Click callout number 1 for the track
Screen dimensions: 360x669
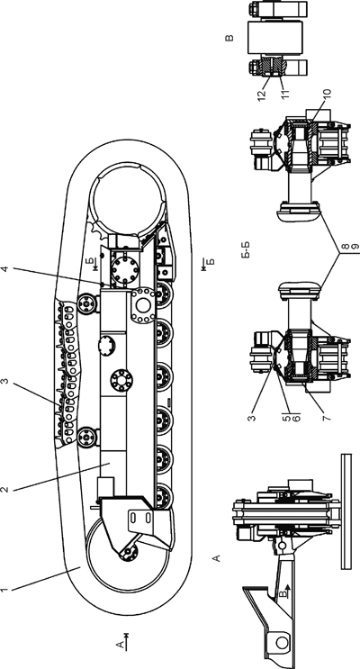[4, 591]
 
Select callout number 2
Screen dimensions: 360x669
[4, 489]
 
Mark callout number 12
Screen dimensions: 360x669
[261, 93]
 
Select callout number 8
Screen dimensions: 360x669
[346, 246]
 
